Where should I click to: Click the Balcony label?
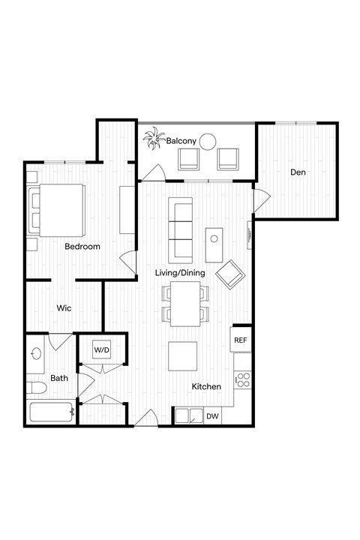pos(181,141)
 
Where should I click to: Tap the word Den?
pos(298,172)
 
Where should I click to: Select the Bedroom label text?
pos(82,247)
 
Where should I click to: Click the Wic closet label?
pos(64,307)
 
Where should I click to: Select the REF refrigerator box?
pos(241,340)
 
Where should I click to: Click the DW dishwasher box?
pos(212,416)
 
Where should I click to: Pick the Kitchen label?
pos(205,387)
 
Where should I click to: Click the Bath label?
pos(59,379)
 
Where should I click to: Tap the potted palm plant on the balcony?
pos(155,139)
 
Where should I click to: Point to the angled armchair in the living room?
pos(230,274)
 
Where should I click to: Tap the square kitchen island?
pos(183,356)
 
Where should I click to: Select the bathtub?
pos(51,413)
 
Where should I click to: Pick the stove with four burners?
pos(242,379)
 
